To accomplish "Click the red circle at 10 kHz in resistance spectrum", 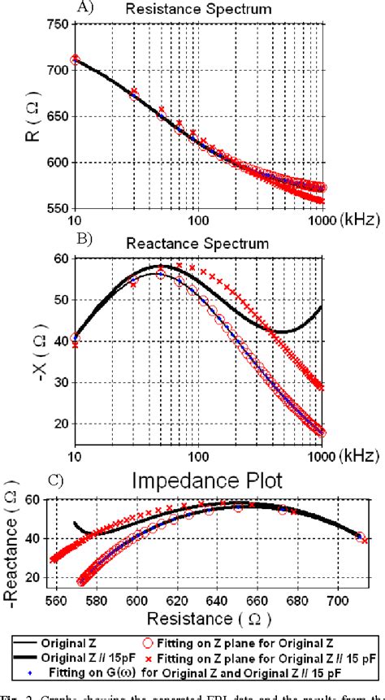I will click(x=75, y=59).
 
